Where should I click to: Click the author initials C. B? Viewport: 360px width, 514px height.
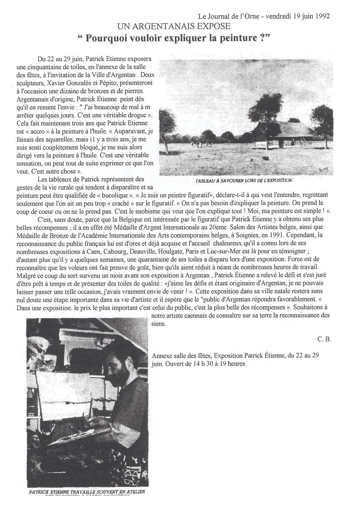tap(324, 339)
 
